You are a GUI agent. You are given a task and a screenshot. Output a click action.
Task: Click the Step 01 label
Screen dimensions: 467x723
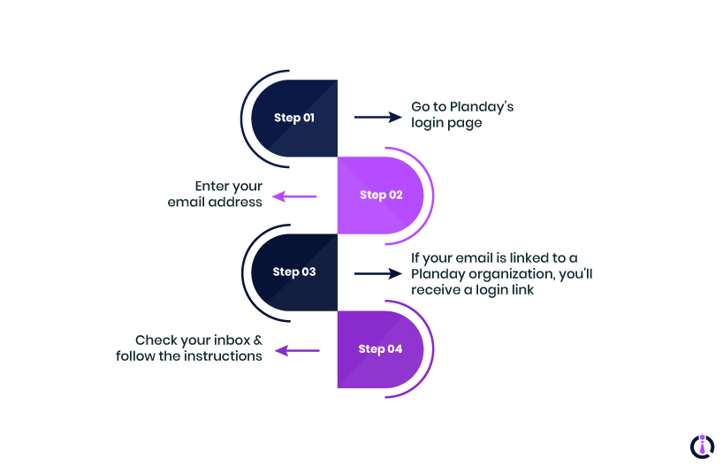293,118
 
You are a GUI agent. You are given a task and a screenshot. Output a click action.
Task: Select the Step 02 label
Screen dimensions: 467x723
381,195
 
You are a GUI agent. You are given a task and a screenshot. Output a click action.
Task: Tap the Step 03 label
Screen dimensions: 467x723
293,272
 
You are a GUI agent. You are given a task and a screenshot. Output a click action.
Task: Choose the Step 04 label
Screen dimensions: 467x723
380,348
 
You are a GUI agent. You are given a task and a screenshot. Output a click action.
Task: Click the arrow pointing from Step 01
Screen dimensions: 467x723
377,117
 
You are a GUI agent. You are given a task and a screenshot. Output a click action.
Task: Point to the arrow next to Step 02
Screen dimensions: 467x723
294,196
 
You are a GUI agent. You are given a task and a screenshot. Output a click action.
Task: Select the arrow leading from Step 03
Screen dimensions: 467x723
377,273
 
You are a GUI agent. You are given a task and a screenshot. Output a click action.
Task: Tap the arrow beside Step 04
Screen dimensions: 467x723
296,351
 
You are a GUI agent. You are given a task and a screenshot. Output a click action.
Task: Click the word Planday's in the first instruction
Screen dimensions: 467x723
482,107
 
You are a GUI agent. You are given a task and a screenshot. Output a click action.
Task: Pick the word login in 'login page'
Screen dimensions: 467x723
430,123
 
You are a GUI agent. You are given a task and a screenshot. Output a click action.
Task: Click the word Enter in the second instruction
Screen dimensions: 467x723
212,186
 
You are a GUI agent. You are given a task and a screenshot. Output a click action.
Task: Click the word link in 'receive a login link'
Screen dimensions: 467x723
521,289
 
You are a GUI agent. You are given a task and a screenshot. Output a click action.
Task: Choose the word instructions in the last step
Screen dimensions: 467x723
223,356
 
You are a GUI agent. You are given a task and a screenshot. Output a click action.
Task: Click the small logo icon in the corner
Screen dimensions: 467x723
701,445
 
